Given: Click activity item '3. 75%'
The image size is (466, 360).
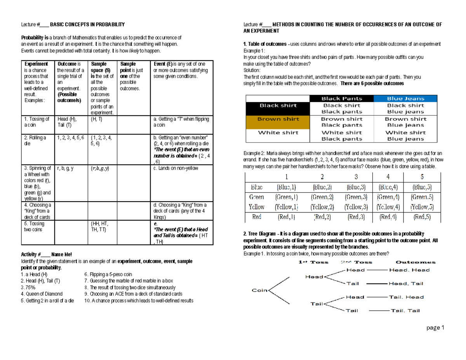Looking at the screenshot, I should tap(28, 287).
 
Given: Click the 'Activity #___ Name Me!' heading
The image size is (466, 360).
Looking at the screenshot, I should tap(46, 254).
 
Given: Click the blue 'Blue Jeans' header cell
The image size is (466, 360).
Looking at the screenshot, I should tap(405, 99).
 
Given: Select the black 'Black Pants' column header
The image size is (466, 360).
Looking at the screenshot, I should tap(341, 99).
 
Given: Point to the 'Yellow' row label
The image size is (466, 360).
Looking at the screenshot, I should tap(257, 207).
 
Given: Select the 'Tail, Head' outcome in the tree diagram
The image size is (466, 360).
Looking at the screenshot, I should tap(407, 297).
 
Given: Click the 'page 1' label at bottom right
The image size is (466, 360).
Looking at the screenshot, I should tap(435, 328).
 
